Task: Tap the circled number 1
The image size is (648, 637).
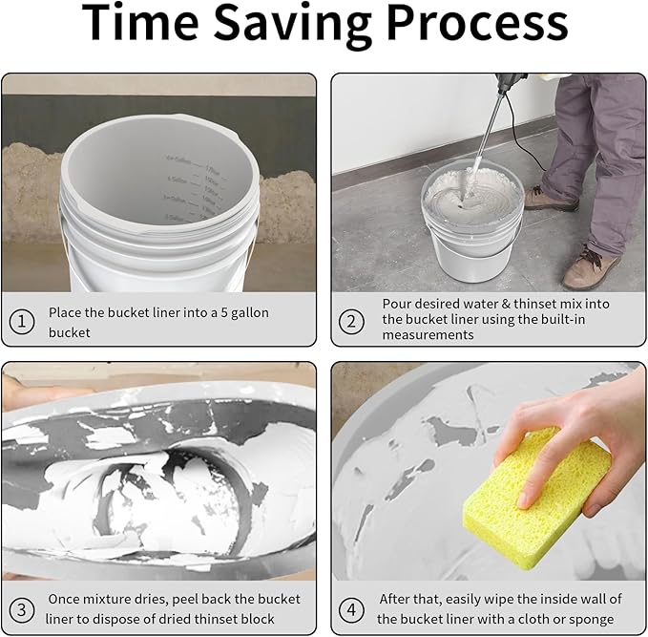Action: (x=23, y=322)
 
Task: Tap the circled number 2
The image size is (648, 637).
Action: (x=352, y=322)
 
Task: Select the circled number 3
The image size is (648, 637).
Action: (x=23, y=608)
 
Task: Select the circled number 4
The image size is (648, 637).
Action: (x=352, y=608)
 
